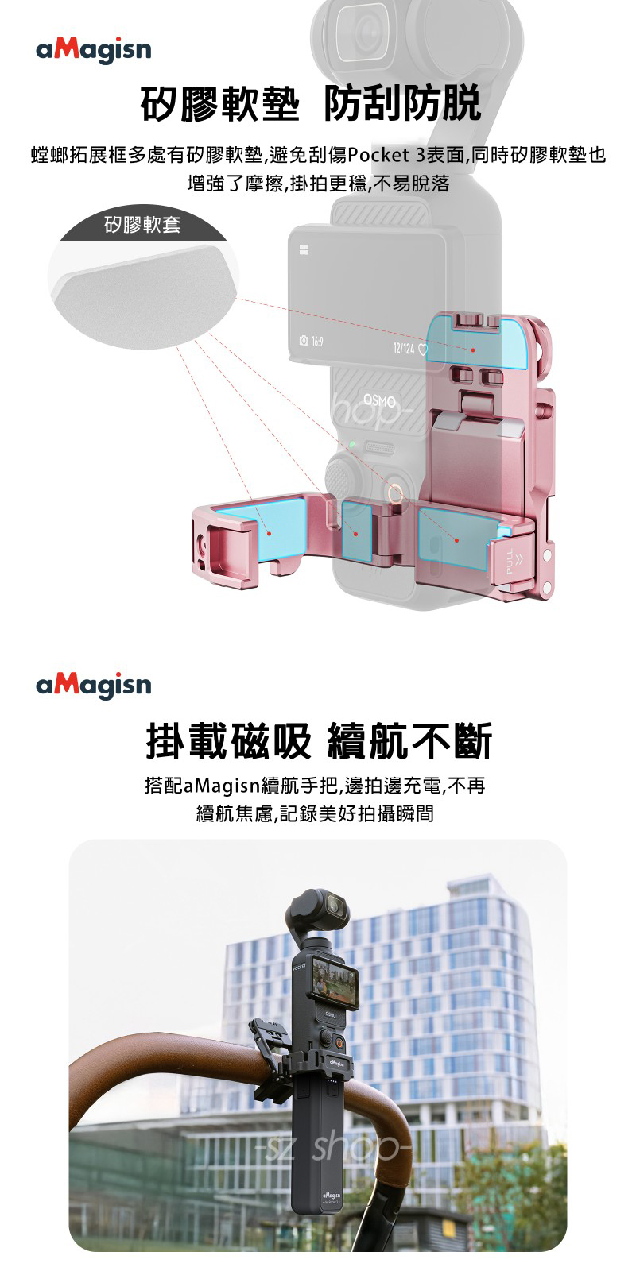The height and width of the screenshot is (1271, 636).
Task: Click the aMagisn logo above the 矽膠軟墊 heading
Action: pos(94,50)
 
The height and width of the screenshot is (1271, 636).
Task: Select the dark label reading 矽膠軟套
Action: pos(143,226)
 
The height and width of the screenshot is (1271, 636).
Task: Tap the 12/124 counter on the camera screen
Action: pos(405,350)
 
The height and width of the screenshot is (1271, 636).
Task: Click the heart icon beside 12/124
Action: pos(423,350)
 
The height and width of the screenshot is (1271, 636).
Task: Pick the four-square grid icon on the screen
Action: pos(303,250)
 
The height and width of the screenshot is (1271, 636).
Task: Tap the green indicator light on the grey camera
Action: pos(351,442)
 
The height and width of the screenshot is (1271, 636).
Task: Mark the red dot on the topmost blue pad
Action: pos(473,350)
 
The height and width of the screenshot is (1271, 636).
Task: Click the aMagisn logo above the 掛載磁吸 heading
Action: pos(94,684)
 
